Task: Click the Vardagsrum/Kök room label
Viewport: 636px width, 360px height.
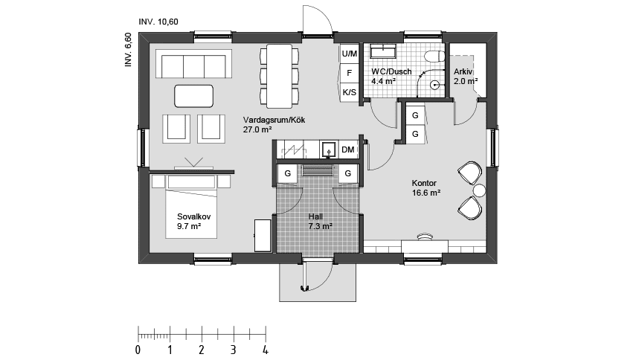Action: click(x=274, y=120)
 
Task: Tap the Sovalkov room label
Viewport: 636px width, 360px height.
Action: click(x=194, y=216)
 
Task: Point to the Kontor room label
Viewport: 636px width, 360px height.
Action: click(x=424, y=183)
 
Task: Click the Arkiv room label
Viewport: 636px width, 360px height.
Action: click(x=463, y=71)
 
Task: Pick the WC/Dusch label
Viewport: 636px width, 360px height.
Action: click(x=391, y=71)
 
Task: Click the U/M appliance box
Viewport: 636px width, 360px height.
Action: click(x=349, y=54)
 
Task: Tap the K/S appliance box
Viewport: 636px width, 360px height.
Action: click(x=349, y=92)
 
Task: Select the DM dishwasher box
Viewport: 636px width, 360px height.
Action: click(x=347, y=150)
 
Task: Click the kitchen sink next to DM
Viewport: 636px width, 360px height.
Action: click(x=328, y=150)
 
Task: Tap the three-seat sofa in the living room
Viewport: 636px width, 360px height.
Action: click(x=193, y=64)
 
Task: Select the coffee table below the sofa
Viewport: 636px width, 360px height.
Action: click(x=194, y=96)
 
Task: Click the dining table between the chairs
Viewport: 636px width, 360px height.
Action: click(x=279, y=76)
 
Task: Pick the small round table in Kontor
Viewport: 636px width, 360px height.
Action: click(x=480, y=190)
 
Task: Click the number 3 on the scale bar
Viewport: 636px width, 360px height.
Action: click(x=234, y=350)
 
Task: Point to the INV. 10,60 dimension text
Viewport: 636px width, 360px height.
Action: click(x=158, y=22)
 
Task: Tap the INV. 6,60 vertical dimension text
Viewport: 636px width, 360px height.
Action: click(x=128, y=49)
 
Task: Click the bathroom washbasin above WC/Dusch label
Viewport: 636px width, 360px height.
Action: click(x=383, y=52)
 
